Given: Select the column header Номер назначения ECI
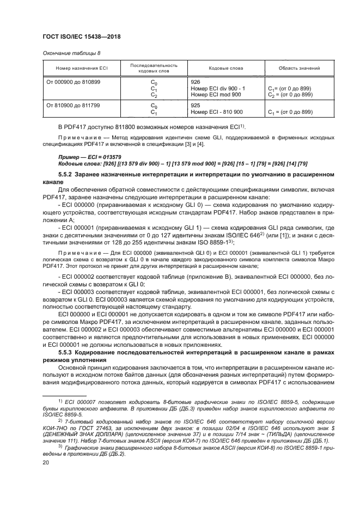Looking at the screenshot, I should (x=76, y=69).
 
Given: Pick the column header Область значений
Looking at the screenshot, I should (x=298, y=69).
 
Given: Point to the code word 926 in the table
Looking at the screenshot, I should (x=196, y=82).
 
